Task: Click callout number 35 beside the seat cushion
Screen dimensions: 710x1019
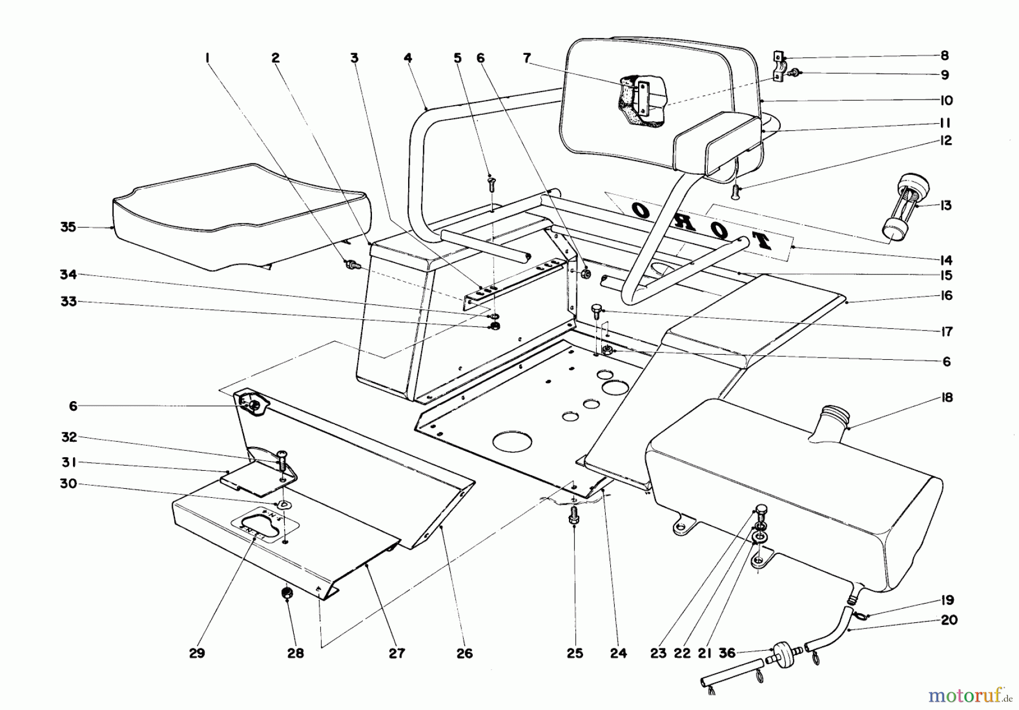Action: click(x=68, y=227)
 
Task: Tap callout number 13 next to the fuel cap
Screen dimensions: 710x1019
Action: click(x=945, y=205)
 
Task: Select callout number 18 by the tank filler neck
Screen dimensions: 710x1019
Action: click(x=947, y=398)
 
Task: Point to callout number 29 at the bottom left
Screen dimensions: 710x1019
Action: click(x=196, y=653)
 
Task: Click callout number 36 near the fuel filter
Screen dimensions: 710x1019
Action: click(x=726, y=653)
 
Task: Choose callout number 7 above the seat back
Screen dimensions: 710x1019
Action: click(x=527, y=58)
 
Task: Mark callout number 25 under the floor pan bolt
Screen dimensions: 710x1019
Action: click(x=575, y=653)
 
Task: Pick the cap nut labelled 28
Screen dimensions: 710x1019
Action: click(x=288, y=593)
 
